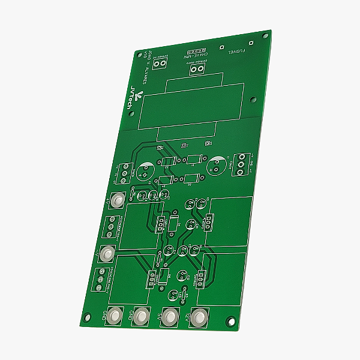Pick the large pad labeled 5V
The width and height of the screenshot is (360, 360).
170,316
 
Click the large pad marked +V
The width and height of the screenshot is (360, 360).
118,200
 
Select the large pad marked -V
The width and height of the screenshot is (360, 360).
107,254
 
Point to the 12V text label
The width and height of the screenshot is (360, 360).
188,316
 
